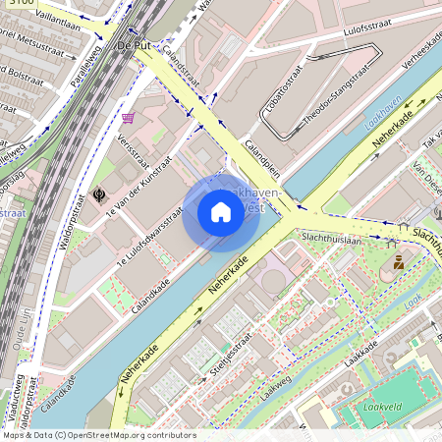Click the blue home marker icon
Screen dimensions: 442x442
pyautogui.click(x=221, y=212)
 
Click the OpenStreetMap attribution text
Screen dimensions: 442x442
pyautogui.click(x=98, y=435)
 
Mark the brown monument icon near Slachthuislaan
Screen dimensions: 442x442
pyautogui.click(x=399, y=262)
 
